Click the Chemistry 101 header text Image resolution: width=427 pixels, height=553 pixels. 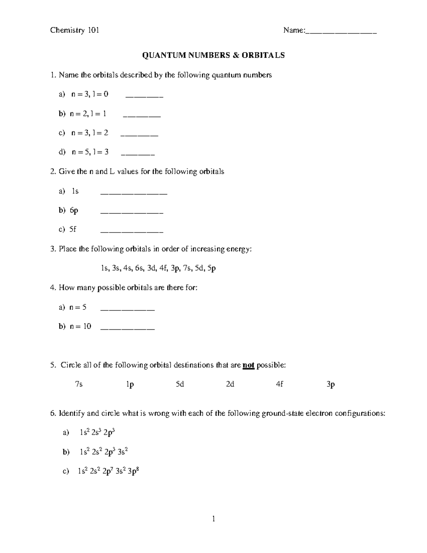[74, 30]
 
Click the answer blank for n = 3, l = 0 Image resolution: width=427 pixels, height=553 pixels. [144, 96]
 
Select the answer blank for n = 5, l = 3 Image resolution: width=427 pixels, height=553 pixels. [138, 153]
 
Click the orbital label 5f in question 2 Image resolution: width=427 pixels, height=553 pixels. [73, 229]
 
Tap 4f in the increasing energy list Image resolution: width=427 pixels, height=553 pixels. [163, 268]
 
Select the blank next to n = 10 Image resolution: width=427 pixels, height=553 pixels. [127, 328]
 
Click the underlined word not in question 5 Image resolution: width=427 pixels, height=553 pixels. [248, 365]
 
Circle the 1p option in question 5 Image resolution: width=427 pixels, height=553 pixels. [130, 385]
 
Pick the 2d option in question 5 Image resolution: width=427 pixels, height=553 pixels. [230, 385]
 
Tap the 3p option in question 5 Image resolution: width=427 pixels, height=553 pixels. [331, 385]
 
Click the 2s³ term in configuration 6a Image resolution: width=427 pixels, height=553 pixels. [96, 433]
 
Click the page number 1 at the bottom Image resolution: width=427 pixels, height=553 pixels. [213, 519]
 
